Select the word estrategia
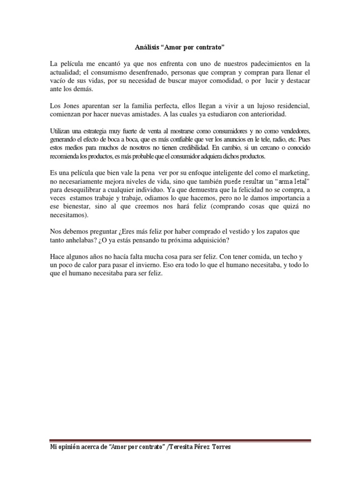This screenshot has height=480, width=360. (98, 132)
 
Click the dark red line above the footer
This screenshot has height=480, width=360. (180, 440)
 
